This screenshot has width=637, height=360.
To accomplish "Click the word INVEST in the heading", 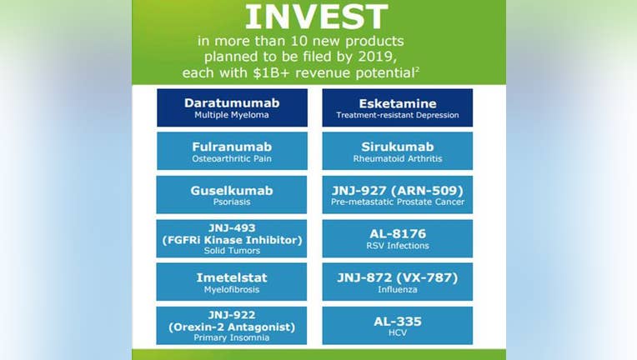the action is [x=317, y=17].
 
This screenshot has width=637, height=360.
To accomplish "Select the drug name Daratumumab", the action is [x=232, y=103].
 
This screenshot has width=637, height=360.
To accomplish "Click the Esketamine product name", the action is [x=398, y=103].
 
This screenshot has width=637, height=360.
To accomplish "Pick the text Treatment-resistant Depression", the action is [x=398, y=115].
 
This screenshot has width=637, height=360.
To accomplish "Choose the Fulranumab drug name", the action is [x=232, y=147].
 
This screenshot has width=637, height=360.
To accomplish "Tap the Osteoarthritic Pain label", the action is [x=232, y=158].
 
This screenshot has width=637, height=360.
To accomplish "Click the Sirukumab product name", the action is [x=398, y=147].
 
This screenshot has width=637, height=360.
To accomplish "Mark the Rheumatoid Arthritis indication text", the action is [x=398, y=158].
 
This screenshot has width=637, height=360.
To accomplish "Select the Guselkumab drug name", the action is [x=232, y=191].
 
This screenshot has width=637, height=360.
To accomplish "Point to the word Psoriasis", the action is [x=232, y=202].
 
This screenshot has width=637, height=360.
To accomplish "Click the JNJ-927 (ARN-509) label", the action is [x=398, y=191].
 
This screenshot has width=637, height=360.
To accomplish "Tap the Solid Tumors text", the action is [x=232, y=251].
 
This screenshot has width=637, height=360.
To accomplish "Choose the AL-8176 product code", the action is [x=398, y=234].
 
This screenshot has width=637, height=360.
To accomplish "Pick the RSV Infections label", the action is [x=398, y=246].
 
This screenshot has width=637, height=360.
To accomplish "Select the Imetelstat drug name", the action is [x=232, y=277].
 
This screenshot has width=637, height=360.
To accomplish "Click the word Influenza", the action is [x=398, y=289].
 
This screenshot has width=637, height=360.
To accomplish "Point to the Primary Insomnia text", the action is [x=232, y=337].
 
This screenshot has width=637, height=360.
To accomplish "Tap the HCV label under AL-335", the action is [x=398, y=332].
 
